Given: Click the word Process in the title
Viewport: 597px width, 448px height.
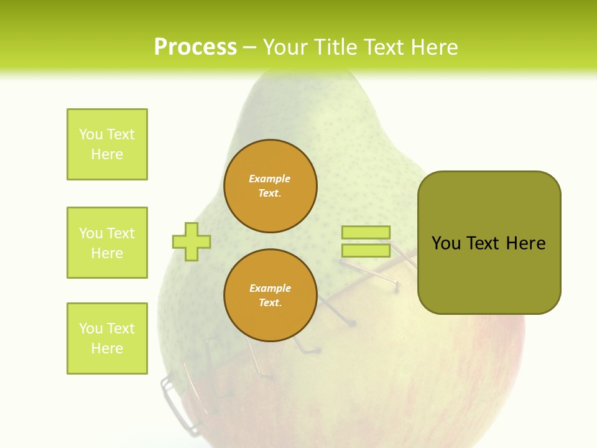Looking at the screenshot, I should [x=195, y=47].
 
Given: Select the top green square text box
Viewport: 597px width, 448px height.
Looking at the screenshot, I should [x=107, y=144].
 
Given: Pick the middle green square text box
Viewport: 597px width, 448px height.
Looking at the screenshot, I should [x=107, y=243].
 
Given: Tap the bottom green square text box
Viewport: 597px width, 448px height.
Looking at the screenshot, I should [x=107, y=338].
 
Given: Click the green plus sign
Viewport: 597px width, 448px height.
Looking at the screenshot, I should [x=192, y=241].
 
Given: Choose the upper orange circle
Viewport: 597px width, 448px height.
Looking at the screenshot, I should [x=271, y=186].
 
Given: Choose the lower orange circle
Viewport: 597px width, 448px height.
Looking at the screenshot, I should [x=271, y=296].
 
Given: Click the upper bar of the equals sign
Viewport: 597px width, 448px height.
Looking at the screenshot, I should [x=366, y=233].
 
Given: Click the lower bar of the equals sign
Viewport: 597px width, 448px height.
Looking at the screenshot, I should [x=366, y=251].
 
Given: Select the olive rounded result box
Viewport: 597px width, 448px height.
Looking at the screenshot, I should [x=489, y=243].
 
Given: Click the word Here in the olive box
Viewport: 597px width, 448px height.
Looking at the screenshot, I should [x=525, y=243].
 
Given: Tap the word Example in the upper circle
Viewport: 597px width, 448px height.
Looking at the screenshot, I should [x=269, y=179].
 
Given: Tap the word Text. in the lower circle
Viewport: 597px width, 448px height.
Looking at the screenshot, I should [x=270, y=303].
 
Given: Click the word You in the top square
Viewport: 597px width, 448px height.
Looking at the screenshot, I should [x=90, y=134].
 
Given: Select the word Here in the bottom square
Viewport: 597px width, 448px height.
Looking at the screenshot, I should [x=107, y=348].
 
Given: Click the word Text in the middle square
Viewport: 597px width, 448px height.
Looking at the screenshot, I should [x=120, y=233].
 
